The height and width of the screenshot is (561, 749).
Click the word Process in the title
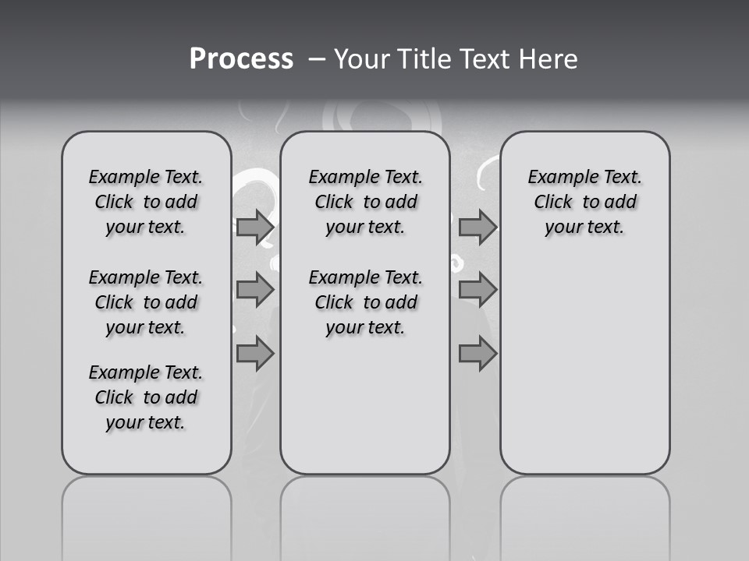pyautogui.click(x=241, y=59)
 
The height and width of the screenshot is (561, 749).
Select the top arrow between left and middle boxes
pyautogui.click(x=254, y=227)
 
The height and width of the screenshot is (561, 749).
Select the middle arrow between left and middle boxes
pyautogui.click(x=254, y=290)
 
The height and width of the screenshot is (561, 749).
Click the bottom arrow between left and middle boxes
pyautogui.click(x=254, y=355)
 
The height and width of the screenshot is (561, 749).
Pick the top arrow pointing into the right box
pyautogui.click(x=477, y=227)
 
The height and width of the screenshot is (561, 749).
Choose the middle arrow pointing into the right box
pyautogui.click(x=477, y=290)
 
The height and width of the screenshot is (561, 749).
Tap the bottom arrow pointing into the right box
pyautogui.click(x=477, y=355)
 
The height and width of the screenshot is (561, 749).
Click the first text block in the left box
pyautogui.click(x=146, y=202)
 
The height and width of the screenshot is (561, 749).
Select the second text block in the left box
pyautogui.click(x=146, y=302)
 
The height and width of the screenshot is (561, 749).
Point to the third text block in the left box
pyautogui.click(x=146, y=397)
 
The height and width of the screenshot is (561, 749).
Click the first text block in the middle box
pyautogui.click(x=365, y=202)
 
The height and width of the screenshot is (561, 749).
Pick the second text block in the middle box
pyautogui.click(x=365, y=302)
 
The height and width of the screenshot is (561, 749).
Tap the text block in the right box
pyautogui.click(x=585, y=202)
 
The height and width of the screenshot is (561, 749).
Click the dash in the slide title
pyautogui.click(x=317, y=59)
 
